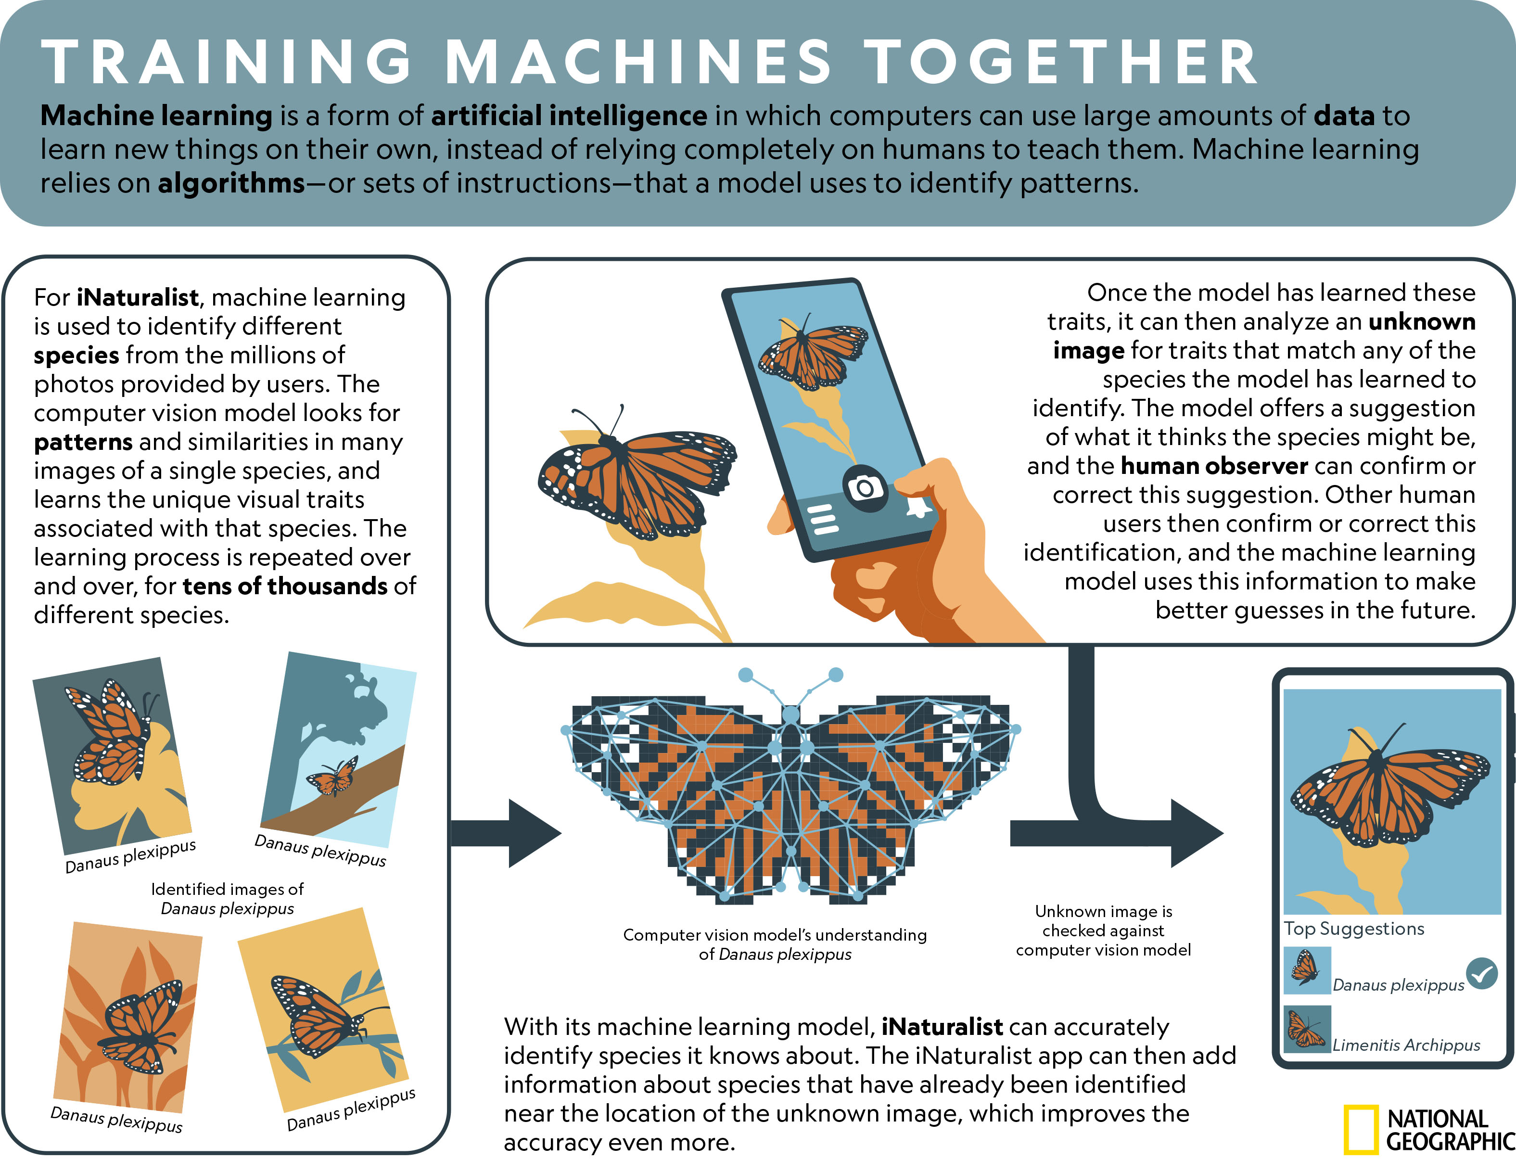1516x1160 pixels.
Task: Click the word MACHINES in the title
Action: (638, 62)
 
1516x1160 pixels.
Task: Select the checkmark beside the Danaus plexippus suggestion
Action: (1481, 974)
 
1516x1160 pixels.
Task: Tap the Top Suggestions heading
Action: (1354, 930)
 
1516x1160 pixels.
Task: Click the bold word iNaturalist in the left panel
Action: (138, 298)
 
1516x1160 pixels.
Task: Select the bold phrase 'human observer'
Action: (1214, 466)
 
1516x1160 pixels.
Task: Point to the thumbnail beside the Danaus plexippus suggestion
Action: (1306, 970)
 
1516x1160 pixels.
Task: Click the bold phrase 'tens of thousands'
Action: (284, 586)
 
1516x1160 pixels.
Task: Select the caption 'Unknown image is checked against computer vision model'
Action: (1103, 931)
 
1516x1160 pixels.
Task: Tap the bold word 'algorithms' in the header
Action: (231, 184)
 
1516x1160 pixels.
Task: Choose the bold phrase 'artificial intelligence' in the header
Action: (569, 116)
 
